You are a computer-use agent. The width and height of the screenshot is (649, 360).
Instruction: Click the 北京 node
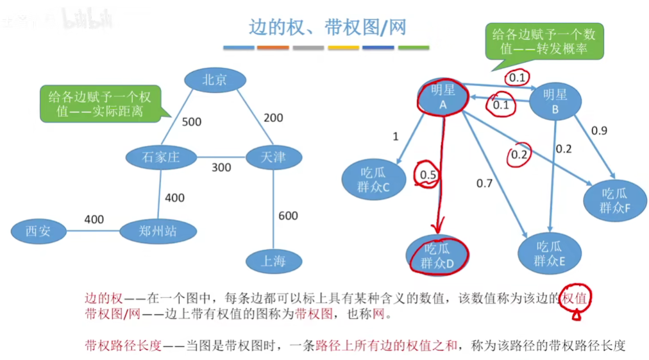pyautogui.click(x=214, y=80)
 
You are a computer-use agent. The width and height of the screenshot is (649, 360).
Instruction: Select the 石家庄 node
pyautogui.click(x=160, y=157)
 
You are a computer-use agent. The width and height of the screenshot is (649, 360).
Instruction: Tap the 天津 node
pyautogui.click(x=273, y=157)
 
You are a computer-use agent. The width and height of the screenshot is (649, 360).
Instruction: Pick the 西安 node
pyautogui.click(x=38, y=231)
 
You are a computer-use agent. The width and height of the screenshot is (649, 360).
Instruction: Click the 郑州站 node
pyautogui.click(x=158, y=231)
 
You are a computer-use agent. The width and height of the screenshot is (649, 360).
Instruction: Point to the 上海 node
pyautogui.click(x=273, y=261)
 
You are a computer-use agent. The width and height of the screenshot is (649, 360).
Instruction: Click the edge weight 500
pyautogui.click(x=192, y=122)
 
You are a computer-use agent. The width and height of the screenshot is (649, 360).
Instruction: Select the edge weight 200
pyautogui.click(x=273, y=117)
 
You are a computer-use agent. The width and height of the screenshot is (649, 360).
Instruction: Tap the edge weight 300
pyautogui.click(x=221, y=167)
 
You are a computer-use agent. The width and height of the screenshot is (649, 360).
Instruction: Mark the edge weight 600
pyautogui.click(x=288, y=216)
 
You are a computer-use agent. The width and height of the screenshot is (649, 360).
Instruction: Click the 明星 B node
pyautogui.click(x=555, y=101)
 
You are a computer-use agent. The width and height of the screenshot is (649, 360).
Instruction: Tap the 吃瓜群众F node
pyautogui.click(x=615, y=200)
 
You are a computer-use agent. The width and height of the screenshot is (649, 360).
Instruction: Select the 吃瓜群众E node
pyautogui.click(x=550, y=253)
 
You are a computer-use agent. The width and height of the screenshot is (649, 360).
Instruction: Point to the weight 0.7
pyautogui.click(x=484, y=184)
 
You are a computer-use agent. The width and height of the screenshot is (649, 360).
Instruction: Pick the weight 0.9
pyautogui.click(x=599, y=131)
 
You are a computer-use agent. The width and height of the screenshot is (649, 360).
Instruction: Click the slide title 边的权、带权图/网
pyautogui.click(x=327, y=27)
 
